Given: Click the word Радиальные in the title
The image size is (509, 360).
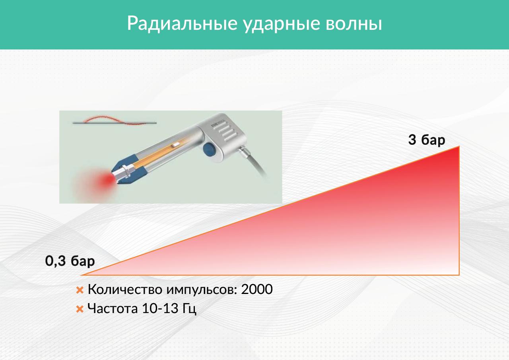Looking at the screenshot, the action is (x=182, y=23).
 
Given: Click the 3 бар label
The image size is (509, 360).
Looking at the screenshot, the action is (x=427, y=140).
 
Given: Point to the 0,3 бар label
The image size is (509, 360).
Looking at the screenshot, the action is (x=70, y=261).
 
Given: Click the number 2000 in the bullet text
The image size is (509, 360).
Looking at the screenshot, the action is (x=257, y=289).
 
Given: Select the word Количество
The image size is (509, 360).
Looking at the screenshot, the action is (x=125, y=289).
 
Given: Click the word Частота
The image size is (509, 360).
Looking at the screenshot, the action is (x=113, y=308).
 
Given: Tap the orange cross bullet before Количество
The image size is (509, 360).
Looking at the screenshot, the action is (x=80, y=290).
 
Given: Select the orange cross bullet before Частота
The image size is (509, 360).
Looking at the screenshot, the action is (x=80, y=309).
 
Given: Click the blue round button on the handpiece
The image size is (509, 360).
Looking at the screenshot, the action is (x=210, y=150).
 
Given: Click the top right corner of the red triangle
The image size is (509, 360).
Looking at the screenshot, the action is (x=459, y=146).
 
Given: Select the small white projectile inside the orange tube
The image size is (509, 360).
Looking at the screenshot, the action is (x=175, y=144).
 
